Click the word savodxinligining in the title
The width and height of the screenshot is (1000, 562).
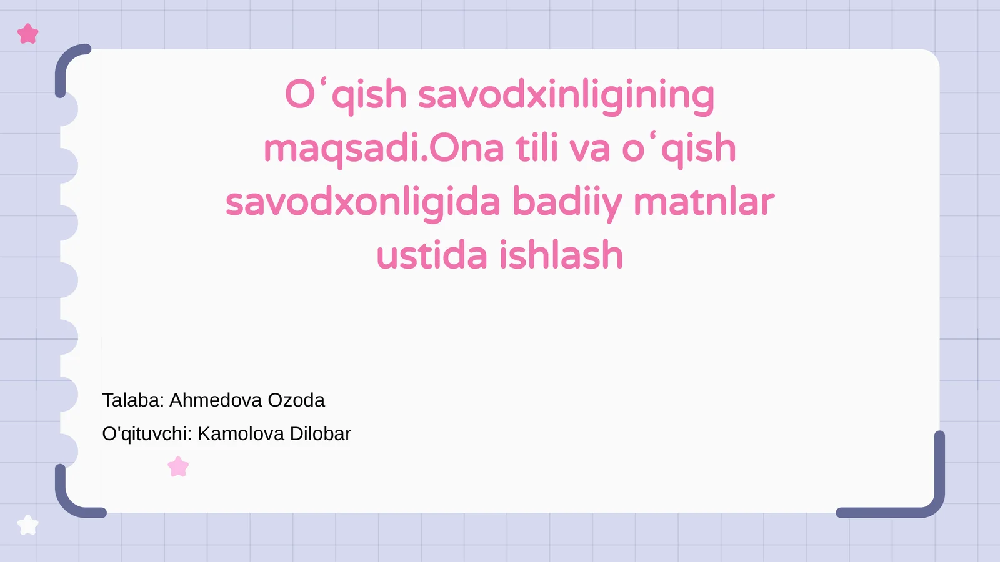click(x=566, y=96)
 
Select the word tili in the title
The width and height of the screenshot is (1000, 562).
click(x=537, y=149)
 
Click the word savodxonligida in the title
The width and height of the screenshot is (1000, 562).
click(x=363, y=203)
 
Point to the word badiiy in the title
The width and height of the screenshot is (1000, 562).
click(x=567, y=203)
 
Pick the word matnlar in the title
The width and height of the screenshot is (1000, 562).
click(x=704, y=203)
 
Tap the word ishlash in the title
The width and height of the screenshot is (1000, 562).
click(x=561, y=256)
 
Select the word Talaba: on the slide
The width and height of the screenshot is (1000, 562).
click(x=133, y=400)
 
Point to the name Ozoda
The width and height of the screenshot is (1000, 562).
click(x=296, y=400)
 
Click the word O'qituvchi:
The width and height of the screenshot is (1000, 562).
click(x=147, y=434)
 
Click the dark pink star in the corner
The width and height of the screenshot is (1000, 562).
click(x=28, y=34)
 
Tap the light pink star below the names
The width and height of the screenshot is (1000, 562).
click(x=178, y=466)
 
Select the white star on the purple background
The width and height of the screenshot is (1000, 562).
click(x=27, y=525)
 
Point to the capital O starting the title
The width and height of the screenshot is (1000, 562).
click(x=300, y=96)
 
